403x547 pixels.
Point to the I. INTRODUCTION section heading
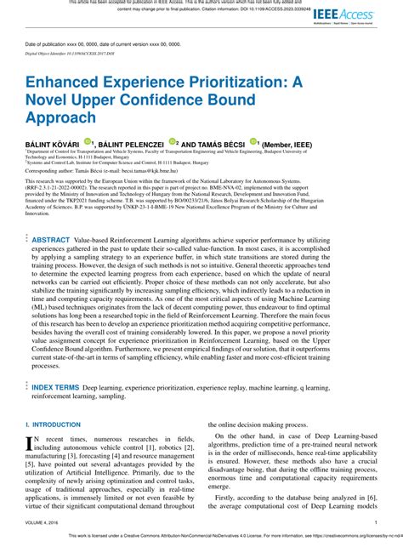(55, 423)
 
